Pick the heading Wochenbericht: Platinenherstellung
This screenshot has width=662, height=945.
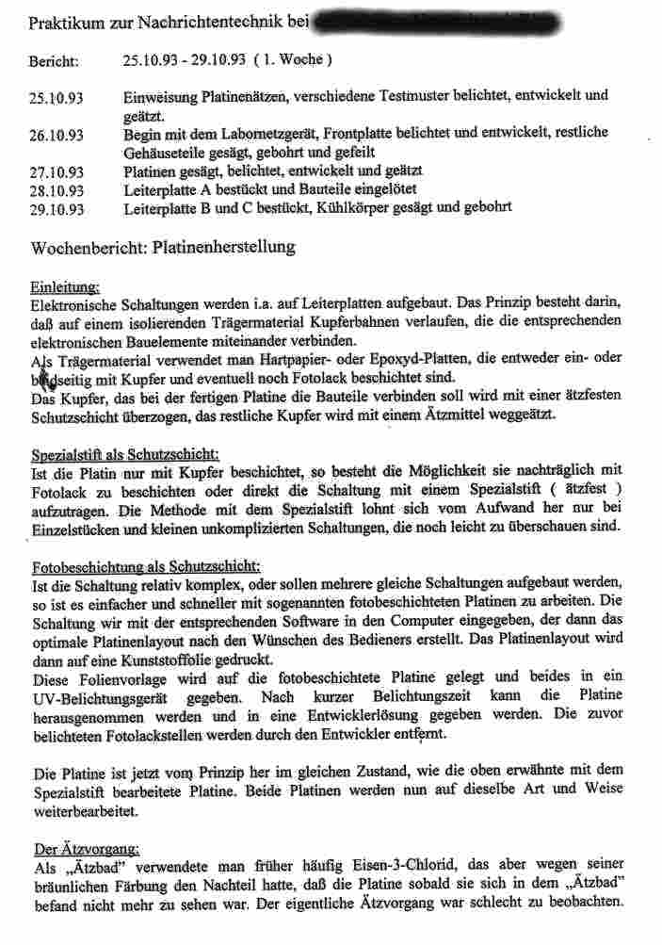(x=163, y=248)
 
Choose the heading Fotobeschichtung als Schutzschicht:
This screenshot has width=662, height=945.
(x=146, y=568)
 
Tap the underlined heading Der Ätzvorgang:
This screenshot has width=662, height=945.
(x=86, y=849)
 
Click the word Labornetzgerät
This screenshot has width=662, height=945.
(x=250, y=133)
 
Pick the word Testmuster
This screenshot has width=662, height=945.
(x=436, y=97)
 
